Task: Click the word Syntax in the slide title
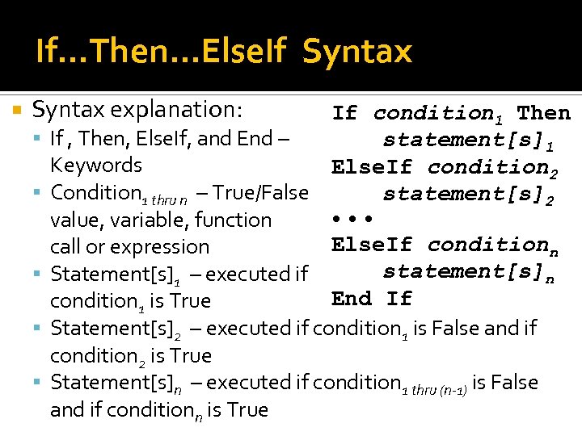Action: click(x=357, y=52)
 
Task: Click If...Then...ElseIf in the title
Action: click(x=161, y=52)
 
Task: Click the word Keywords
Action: click(x=95, y=166)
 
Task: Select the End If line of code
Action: click(x=372, y=299)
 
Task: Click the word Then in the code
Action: click(x=544, y=113)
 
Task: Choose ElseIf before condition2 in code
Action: click(x=372, y=167)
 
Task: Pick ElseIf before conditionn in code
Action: click(x=372, y=244)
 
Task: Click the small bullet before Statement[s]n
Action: click(x=40, y=383)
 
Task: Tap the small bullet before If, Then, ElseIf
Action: click(x=40, y=139)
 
